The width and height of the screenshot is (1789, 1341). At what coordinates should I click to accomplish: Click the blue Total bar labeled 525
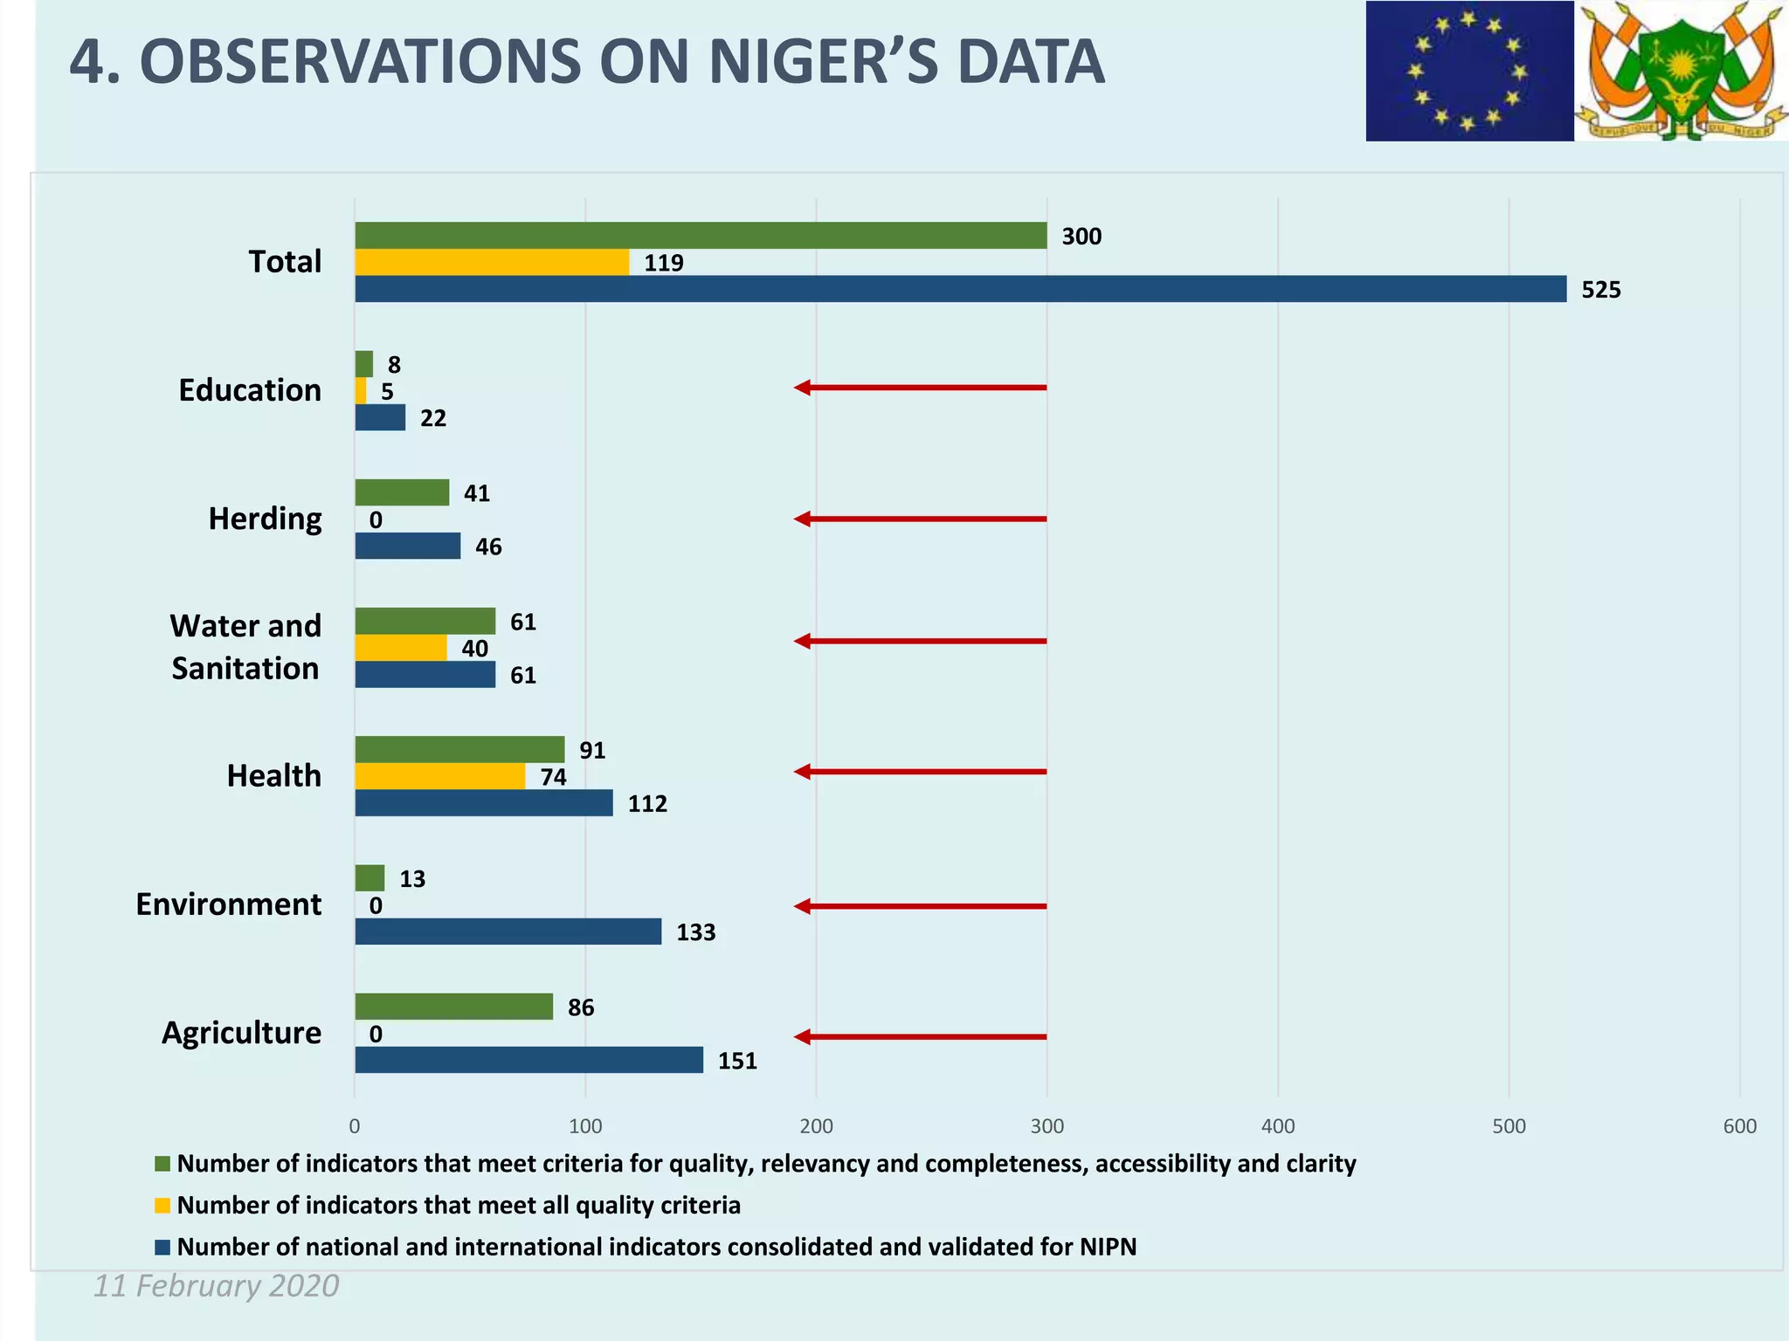[x=960, y=289]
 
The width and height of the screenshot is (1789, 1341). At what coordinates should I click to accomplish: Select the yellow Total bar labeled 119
[x=492, y=262]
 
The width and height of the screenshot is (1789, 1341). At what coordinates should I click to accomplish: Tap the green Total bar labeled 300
[x=701, y=236]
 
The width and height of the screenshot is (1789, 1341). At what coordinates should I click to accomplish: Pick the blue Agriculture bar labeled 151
[x=528, y=1060]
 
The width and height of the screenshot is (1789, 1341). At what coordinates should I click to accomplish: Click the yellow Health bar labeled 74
[x=439, y=776]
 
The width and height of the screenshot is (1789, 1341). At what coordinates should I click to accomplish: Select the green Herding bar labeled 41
[x=402, y=492]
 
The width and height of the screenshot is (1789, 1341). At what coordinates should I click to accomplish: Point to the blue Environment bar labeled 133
[x=508, y=932]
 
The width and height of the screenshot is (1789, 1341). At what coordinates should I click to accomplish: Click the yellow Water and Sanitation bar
[x=400, y=648]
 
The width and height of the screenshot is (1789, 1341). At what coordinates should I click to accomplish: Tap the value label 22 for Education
[x=433, y=418]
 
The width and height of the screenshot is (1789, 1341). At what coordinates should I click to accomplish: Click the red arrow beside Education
[x=919, y=387]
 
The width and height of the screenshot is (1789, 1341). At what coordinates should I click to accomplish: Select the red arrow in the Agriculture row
[x=919, y=1037]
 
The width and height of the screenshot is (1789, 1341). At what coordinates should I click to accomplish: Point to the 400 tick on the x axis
[x=1278, y=1126]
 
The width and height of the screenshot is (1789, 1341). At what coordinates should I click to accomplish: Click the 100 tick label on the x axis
[x=585, y=1126]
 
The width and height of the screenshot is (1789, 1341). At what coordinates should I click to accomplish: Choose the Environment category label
[x=229, y=904]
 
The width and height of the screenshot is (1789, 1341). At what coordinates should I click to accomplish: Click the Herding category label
[x=265, y=519]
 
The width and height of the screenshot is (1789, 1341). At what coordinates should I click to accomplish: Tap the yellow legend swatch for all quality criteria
[x=162, y=1206]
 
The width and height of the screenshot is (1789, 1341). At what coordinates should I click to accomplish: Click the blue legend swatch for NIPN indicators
[x=162, y=1248]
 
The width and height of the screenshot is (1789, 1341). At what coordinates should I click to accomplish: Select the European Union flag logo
[x=1469, y=71]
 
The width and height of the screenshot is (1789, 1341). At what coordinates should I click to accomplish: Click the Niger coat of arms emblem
[x=1681, y=71]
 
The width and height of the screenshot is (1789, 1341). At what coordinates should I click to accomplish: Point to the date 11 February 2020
[x=217, y=1286]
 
